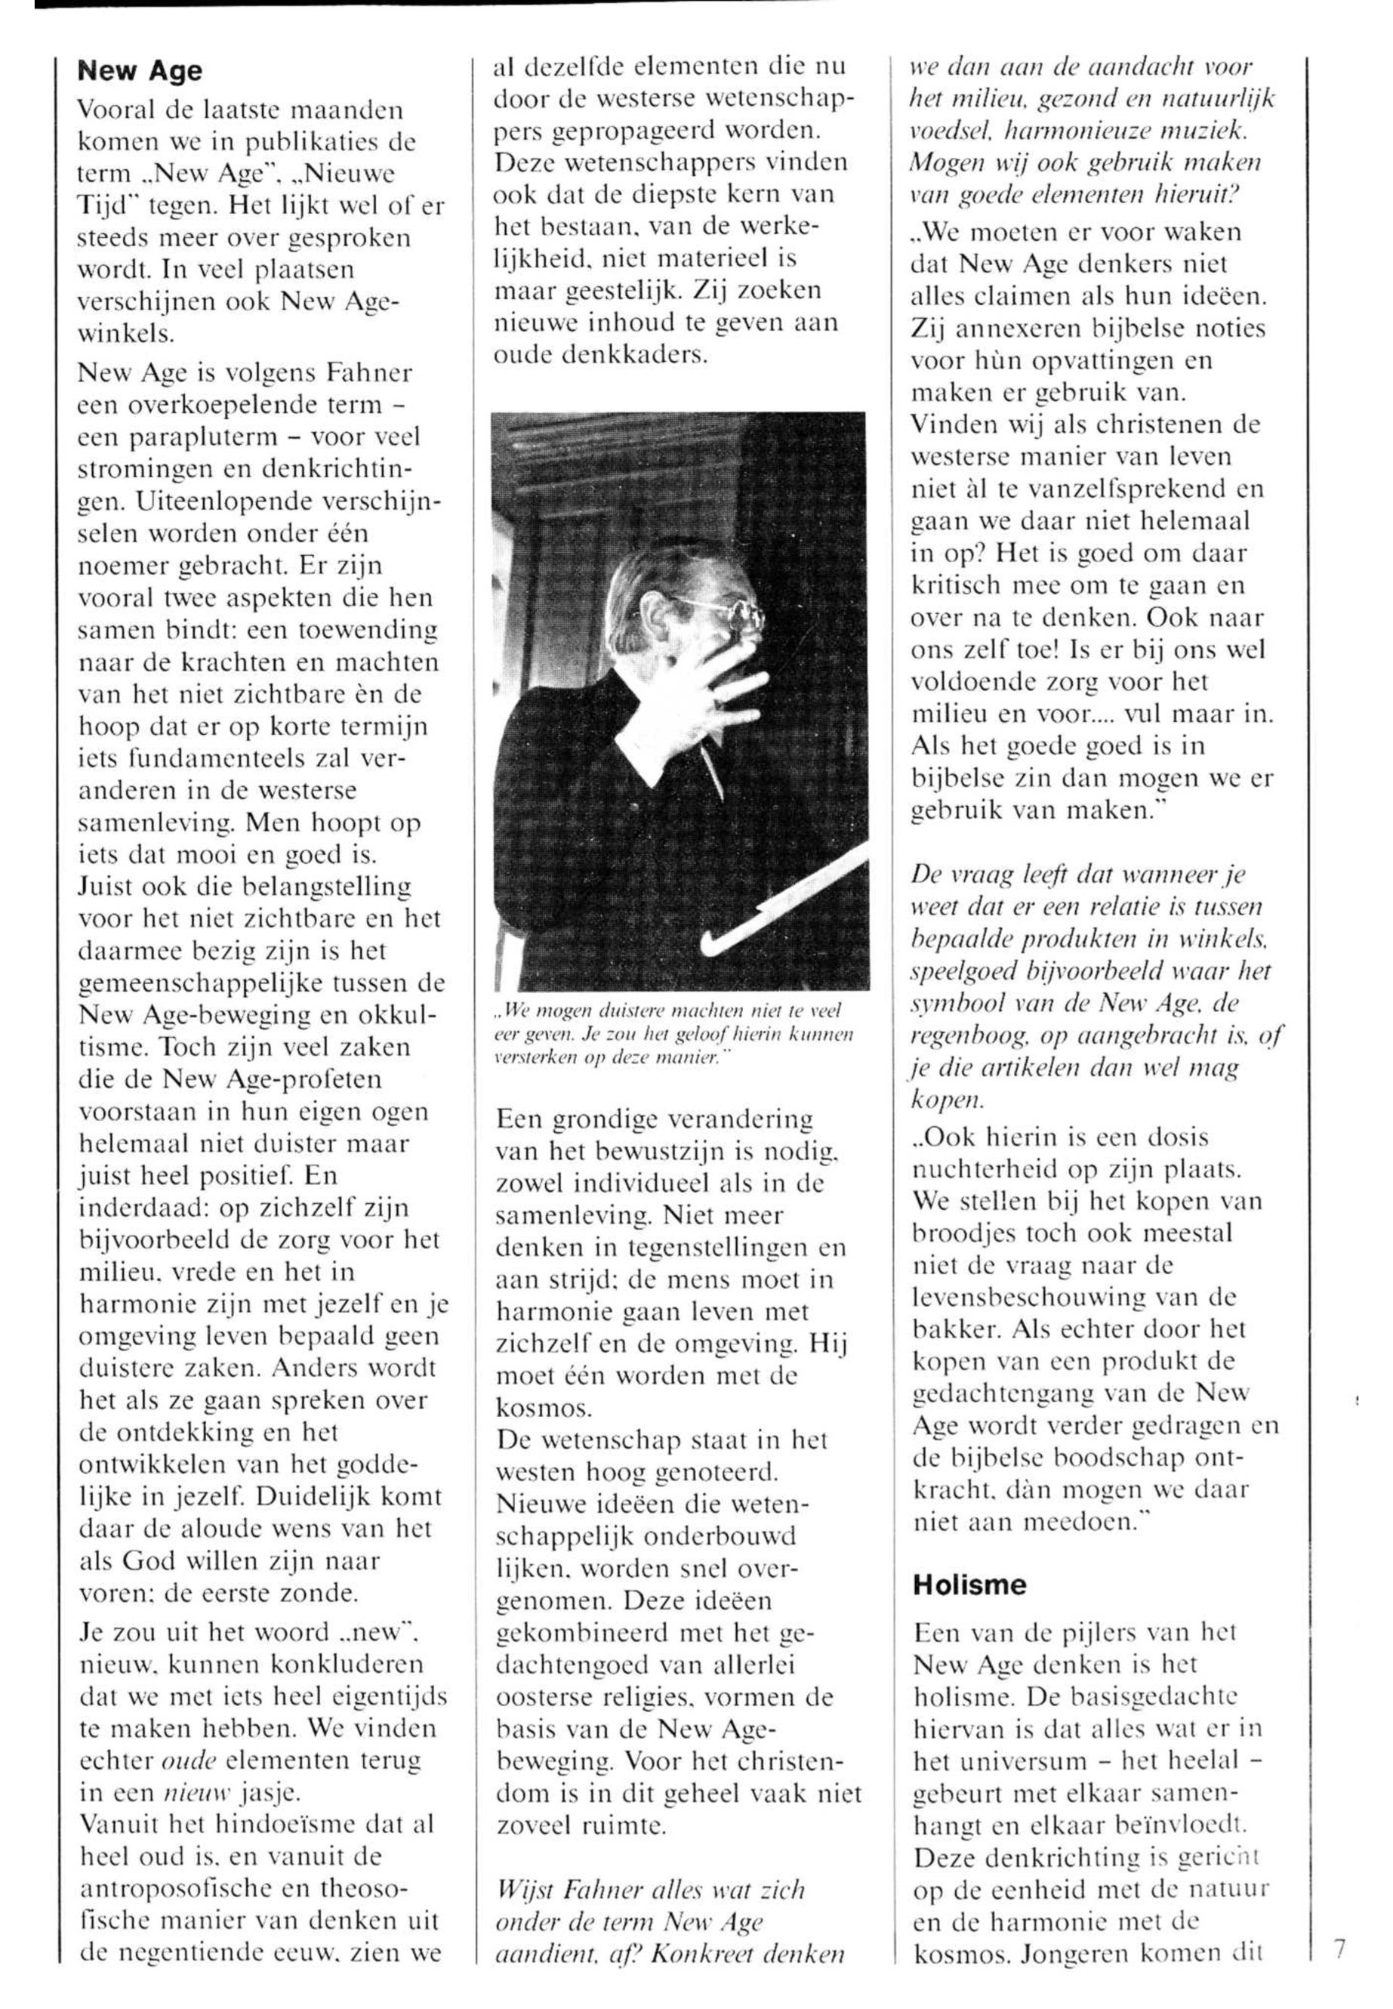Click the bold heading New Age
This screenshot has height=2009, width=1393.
(x=140, y=71)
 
